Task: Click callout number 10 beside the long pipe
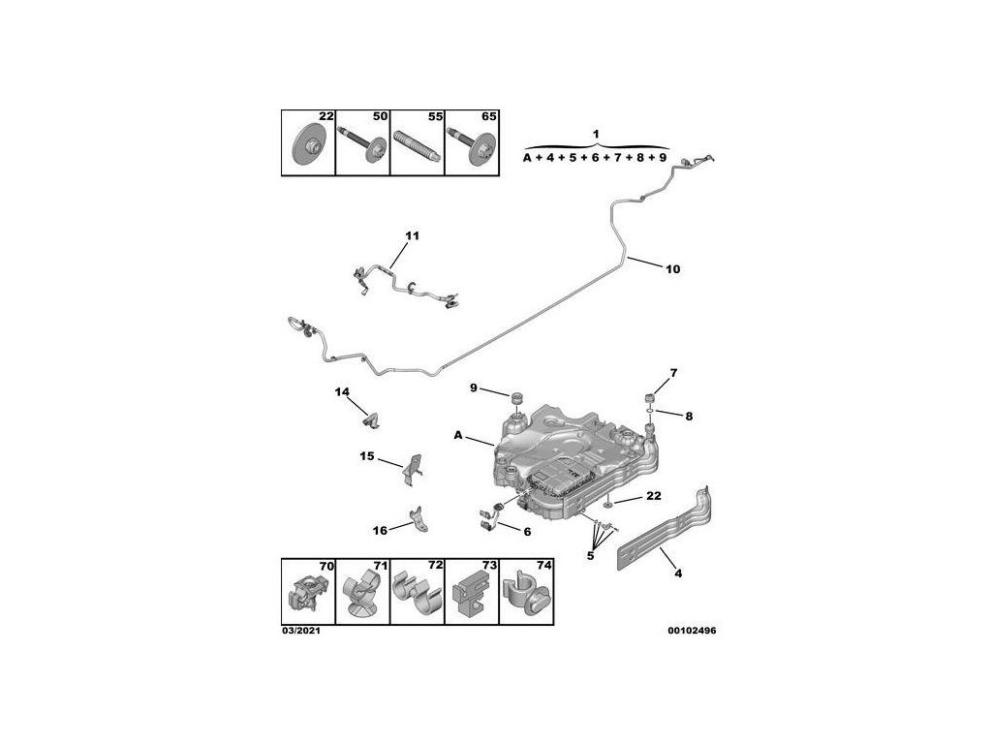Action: [672, 269]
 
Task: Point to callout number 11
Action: [411, 236]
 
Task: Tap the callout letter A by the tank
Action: [458, 436]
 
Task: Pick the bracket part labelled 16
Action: [419, 520]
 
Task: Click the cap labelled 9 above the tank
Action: [516, 398]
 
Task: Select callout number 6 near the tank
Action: [528, 531]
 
